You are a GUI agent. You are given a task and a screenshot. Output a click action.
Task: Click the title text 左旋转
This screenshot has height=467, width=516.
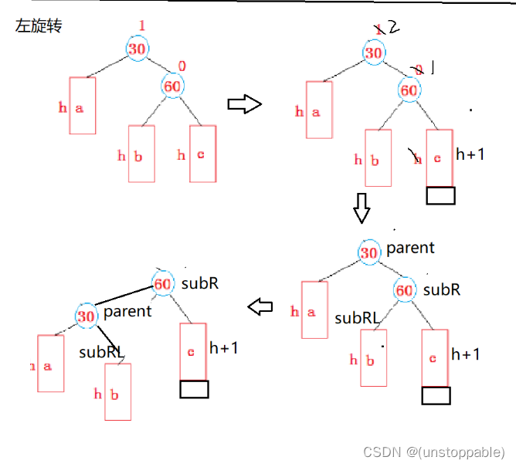(x=39, y=26)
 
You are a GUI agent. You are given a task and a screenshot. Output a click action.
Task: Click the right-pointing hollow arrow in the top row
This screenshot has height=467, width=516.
(x=245, y=105)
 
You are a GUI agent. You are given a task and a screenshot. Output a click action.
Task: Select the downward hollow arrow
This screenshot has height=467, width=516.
(x=362, y=207)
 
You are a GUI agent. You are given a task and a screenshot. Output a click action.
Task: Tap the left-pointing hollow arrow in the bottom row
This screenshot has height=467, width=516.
(x=260, y=307)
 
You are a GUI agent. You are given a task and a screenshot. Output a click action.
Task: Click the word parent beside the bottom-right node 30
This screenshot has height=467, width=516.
(x=410, y=248)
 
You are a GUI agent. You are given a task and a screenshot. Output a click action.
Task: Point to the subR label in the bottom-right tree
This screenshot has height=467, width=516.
(x=441, y=290)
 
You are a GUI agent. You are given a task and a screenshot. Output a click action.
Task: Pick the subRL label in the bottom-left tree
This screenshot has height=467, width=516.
(x=100, y=352)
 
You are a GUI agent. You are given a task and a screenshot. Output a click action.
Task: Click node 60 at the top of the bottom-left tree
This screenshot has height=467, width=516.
(x=163, y=283)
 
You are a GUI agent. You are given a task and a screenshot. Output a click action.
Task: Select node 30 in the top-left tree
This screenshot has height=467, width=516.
(x=137, y=48)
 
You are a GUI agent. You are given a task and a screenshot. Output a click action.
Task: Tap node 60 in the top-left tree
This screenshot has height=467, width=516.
(x=172, y=86)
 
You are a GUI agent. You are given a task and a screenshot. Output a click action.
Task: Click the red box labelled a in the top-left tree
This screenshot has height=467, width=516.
(x=83, y=106)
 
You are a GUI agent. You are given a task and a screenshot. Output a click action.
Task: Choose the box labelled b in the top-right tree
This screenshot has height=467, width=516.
(x=378, y=157)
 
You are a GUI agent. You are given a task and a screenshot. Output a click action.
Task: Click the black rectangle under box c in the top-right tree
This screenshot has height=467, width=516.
(x=440, y=195)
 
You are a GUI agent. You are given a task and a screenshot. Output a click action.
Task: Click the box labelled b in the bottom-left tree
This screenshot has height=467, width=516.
(x=117, y=391)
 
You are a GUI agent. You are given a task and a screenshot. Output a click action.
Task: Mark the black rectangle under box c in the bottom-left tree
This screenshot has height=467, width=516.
(x=194, y=389)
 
